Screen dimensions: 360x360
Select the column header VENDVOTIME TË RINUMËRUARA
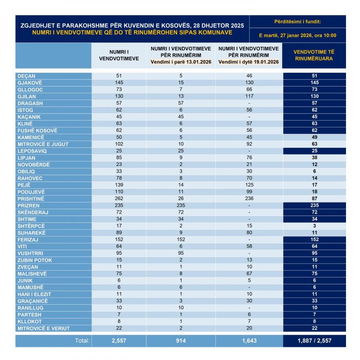[314, 55]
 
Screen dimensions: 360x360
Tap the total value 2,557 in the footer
[118, 341]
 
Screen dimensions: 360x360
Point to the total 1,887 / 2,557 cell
[314, 341]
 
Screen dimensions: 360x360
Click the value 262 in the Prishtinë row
[118, 199]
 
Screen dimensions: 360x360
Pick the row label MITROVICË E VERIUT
[44, 328]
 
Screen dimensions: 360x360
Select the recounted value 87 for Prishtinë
[314, 199]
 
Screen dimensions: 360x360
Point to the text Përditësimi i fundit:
[298, 21]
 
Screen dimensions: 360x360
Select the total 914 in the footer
[180, 341]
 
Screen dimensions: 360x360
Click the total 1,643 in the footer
[248, 341]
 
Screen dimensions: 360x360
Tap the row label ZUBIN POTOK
[35, 260]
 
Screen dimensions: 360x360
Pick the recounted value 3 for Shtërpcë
[314, 226]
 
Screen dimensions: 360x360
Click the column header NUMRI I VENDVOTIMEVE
[118, 55]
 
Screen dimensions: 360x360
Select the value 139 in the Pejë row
[118, 185]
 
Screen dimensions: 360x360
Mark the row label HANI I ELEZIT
[34, 294]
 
